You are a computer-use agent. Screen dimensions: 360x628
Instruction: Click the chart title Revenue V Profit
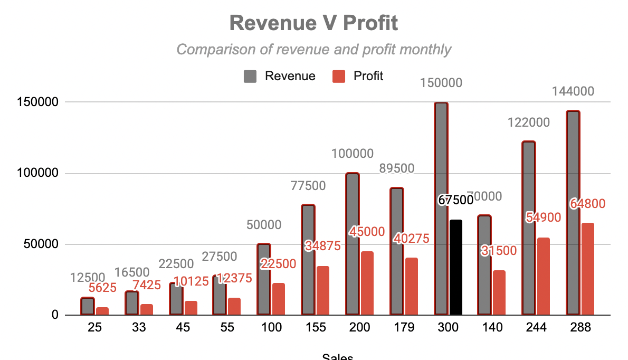click(x=313, y=23)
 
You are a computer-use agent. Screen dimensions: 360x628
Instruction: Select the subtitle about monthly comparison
click(x=313, y=50)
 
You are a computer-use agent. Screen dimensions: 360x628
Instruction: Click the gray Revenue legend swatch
click(x=250, y=76)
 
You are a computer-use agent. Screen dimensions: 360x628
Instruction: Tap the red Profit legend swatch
click(x=338, y=76)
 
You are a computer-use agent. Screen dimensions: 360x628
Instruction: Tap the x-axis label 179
click(x=404, y=327)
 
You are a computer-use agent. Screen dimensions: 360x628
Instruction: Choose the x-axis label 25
click(x=95, y=327)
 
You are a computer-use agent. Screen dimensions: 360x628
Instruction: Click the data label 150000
click(x=441, y=83)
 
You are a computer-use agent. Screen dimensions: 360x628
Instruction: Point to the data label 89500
click(x=396, y=168)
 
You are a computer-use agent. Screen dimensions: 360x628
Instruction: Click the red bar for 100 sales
click(x=279, y=299)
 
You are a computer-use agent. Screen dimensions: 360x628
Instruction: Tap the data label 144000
click(x=573, y=91)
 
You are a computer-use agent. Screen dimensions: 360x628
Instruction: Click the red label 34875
click(x=322, y=246)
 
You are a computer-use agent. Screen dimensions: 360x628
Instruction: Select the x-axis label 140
click(x=492, y=327)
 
